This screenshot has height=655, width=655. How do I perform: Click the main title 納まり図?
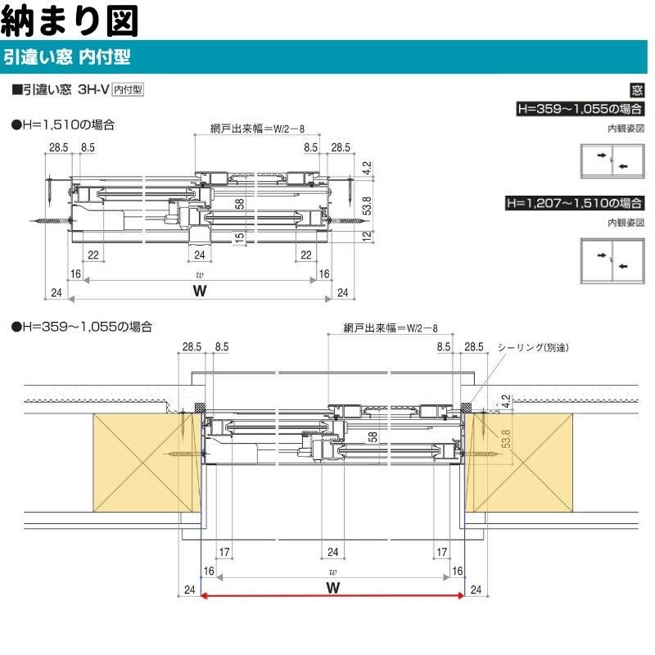(x=70, y=19)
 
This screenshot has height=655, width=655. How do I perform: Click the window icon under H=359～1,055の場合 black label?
(x=612, y=161)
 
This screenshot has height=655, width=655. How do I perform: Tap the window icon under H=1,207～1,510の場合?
(x=612, y=260)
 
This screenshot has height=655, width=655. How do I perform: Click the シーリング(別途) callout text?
(x=533, y=347)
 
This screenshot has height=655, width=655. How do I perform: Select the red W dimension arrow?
(x=332, y=597)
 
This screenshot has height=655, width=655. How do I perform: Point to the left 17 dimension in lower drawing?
(x=224, y=552)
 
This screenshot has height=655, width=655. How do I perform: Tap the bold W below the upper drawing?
(x=197, y=291)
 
